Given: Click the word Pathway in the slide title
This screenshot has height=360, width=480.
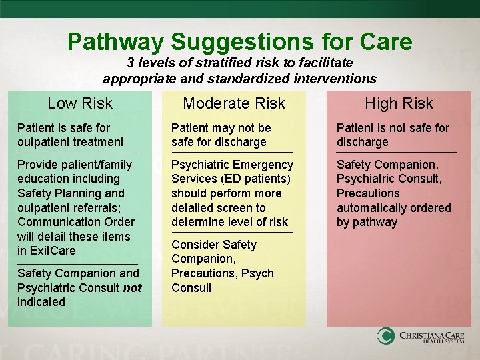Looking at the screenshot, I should tap(115, 42).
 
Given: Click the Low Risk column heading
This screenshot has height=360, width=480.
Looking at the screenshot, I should tap(80, 103).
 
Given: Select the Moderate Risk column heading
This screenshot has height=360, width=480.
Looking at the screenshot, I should tap(234, 103).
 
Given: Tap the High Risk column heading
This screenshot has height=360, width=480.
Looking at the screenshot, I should tap(399, 103).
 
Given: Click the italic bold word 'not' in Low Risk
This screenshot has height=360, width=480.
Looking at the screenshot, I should tap(133, 287).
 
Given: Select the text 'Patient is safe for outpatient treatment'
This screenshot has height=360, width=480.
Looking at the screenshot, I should tap(70, 135).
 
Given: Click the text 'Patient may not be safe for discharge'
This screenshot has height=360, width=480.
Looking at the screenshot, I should tap(221, 135).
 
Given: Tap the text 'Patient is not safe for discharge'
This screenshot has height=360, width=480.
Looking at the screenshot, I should tap(393, 135).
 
